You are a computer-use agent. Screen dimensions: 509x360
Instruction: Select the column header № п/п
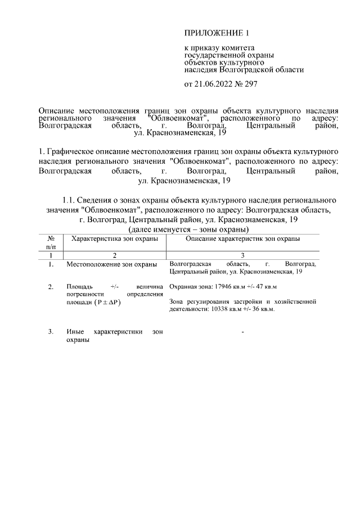51,242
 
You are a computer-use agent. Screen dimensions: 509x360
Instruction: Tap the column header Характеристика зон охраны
115,239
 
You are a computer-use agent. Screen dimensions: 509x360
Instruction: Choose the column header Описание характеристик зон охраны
242,239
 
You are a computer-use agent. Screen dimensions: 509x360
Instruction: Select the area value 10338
219,309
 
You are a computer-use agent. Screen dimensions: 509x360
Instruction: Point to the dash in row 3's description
242,332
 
